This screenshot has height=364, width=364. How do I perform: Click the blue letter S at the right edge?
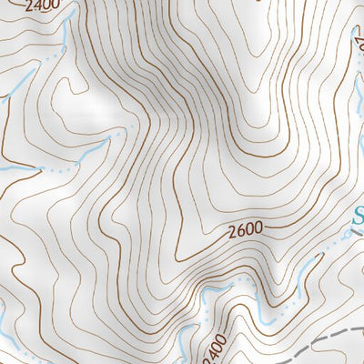click(x=359, y=218)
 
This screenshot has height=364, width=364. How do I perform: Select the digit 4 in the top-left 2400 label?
click(x=37, y=6)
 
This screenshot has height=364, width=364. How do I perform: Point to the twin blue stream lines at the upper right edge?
click(x=358, y=82)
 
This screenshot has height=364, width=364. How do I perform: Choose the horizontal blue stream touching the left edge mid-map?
click(x=14, y=169)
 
